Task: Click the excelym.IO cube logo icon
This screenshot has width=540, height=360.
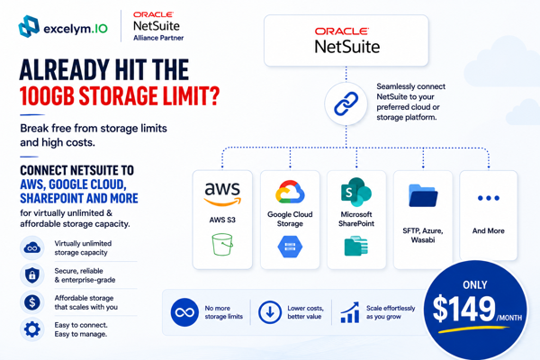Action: click(x=29, y=26)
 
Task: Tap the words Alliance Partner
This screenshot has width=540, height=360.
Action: click(x=158, y=38)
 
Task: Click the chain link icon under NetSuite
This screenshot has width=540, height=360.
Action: click(x=346, y=103)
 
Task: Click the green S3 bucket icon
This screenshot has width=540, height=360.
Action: click(x=222, y=245)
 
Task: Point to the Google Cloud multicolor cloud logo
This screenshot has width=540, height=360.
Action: click(x=290, y=192)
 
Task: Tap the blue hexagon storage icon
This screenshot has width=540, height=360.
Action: click(x=290, y=247)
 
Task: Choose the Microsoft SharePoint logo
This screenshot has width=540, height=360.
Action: click(x=356, y=192)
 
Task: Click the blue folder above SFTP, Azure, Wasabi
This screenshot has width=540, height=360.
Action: click(x=423, y=195)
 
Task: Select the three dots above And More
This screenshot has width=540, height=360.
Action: click(x=489, y=198)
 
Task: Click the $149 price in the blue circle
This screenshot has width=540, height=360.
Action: click(x=463, y=309)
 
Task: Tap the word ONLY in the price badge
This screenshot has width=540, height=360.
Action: click(x=475, y=285)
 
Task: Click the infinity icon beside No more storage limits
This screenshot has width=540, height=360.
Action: click(x=184, y=312)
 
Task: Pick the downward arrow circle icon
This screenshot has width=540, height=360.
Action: click(x=270, y=312)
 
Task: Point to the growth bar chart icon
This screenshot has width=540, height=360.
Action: click(x=350, y=312)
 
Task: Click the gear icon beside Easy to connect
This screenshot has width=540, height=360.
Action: click(x=32, y=329)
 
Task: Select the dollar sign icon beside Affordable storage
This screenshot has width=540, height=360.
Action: click(x=32, y=302)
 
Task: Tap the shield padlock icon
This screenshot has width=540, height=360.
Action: click(x=32, y=275)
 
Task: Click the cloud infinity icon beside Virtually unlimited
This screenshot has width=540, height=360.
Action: click(x=32, y=248)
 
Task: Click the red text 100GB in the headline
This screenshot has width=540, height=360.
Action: click(x=47, y=95)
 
